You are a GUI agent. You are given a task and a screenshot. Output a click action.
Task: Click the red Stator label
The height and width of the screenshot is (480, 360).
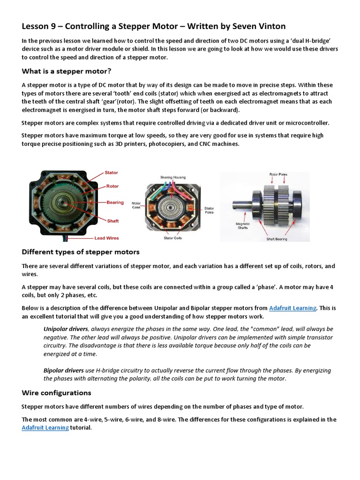pos(111,172)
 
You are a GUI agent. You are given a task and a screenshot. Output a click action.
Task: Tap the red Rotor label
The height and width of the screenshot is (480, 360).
pos(112,186)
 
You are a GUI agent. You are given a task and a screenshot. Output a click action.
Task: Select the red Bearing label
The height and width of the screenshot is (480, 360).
pos(115,202)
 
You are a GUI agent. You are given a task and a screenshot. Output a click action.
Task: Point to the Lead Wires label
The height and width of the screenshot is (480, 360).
pos(107,238)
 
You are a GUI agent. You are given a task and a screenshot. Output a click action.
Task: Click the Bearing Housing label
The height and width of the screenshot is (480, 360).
pos(173,177)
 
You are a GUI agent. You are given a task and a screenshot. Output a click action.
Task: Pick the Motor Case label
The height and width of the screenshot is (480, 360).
pos(136,205)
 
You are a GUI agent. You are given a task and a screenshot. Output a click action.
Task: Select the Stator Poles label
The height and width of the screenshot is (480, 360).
pos(209,210)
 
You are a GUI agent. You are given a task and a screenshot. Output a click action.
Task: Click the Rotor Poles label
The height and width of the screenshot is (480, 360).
pos(278,174)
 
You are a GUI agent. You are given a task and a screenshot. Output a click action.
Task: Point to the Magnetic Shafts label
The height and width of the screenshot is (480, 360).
pos(243,226)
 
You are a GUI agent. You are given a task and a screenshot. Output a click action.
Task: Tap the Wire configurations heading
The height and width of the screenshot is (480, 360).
pos(57,392)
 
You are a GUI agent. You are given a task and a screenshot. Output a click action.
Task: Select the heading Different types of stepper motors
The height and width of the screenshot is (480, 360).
pos(81,252)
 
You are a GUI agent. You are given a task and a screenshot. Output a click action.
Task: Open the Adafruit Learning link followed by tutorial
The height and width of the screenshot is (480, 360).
pos(45,428)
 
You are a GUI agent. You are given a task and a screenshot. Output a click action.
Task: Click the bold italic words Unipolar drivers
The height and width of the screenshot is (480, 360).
pos(66,329)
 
